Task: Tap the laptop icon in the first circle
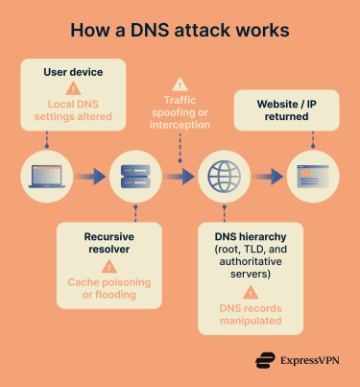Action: (x=47, y=177)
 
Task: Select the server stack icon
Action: (x=134, y=177)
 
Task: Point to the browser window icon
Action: (x=312, y=177)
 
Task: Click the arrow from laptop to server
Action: (x=90, y=177)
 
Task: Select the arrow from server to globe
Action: (x=179, y=177)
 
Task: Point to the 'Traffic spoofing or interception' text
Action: (x=180, y=115)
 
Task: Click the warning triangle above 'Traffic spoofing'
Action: (x=180, y=85)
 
